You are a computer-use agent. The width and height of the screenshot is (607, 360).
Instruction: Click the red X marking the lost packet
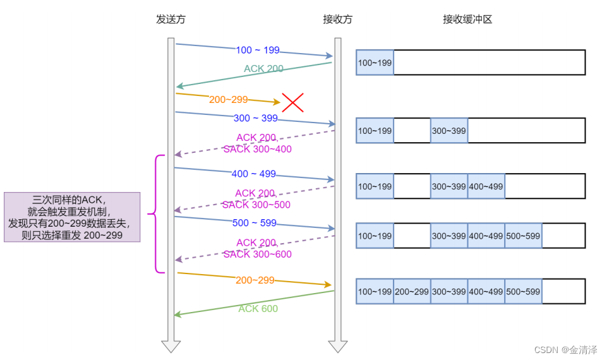[x=292, y=102]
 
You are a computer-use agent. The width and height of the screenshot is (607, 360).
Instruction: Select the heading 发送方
[x=171, y=20]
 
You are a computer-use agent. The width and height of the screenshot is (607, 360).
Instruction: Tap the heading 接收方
[x=337, y=20]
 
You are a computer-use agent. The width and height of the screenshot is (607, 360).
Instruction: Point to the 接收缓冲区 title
[x=467, y=20]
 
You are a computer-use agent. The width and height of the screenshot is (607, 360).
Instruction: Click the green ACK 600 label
[x=258, y=309]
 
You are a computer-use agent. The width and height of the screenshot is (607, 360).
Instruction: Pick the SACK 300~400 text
[x=257, y=150]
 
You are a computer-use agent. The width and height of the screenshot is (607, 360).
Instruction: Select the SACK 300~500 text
[x=256, y=205]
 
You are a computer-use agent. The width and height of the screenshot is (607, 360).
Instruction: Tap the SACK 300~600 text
[x=257, y=254]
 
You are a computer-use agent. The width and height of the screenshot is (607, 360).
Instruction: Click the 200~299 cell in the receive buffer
[x=412, y=292]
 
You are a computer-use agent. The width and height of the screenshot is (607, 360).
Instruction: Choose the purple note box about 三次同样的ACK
[x=71, y=217]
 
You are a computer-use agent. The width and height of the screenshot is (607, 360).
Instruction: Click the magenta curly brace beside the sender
[x=153, y=214]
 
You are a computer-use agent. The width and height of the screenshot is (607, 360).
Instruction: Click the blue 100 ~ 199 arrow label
[x=258, y=51]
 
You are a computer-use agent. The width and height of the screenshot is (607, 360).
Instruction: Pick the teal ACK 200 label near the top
[x=263, y=68]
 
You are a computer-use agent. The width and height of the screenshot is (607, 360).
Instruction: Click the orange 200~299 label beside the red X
[x=228, y=99]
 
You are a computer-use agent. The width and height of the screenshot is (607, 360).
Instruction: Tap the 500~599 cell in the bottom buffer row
[x=523, y=292]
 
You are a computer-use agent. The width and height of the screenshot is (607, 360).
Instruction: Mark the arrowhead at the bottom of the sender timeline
[x=171, y=346]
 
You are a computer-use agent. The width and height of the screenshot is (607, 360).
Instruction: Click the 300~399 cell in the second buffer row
[x=449, y=131]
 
